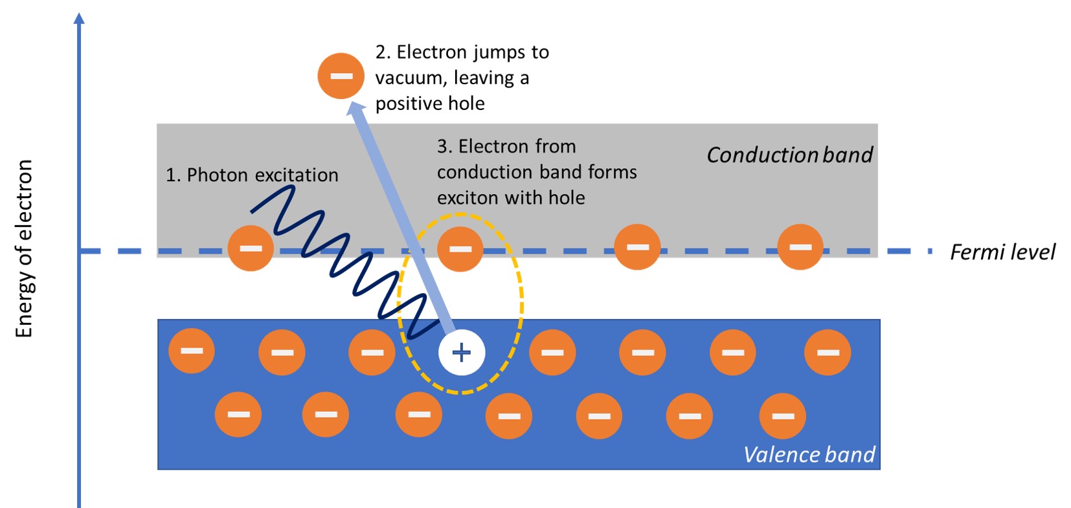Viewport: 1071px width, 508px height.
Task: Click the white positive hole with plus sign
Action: click(461, 353)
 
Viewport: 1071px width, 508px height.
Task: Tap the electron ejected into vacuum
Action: click(341, 76)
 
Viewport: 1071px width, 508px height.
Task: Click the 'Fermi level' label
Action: click(1002, 252)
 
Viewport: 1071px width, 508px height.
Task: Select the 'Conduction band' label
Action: click(789, 155)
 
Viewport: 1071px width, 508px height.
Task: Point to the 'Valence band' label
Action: click(809, 455)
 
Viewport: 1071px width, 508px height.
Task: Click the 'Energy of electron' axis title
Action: click(24, 248)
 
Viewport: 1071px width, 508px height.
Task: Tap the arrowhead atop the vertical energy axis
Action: click(79, 18)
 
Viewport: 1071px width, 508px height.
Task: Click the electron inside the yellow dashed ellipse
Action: click(460, 248)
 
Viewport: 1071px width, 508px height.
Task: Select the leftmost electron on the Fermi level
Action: click(251, 248)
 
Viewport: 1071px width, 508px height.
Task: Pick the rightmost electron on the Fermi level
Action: click(800, 247)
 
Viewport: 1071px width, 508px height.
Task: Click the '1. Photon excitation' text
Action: click(252, 175)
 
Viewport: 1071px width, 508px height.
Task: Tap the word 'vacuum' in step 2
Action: click(409, 78)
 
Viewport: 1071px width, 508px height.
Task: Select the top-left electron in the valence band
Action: click(192, 350)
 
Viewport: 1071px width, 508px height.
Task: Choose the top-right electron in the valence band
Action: click(828, 352)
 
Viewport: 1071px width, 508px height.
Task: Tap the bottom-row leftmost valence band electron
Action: click(238, 414)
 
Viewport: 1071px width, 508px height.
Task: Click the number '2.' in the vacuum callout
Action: click(382, 52)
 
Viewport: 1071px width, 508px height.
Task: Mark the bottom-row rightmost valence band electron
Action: click(782, 415)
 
